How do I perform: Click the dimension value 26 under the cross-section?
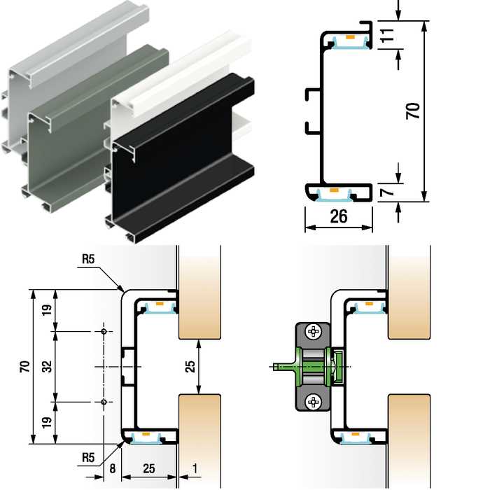339,216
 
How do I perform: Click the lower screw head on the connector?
312,401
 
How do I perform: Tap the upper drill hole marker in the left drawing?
104,331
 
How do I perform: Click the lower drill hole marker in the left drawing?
104,402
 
